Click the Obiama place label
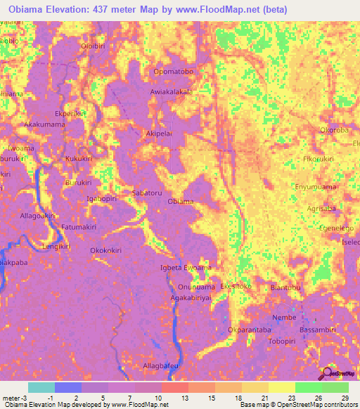pos(181,202)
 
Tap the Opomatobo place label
pos(173,72)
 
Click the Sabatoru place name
pos(147,192)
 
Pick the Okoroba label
pos(334,130)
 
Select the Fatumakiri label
pos(79,228)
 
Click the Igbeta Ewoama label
pos(186,268)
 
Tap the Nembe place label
pos(285,317)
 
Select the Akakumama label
pos(44,124)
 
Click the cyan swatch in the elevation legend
pos(41,387)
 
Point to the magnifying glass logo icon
pos(326,374)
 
